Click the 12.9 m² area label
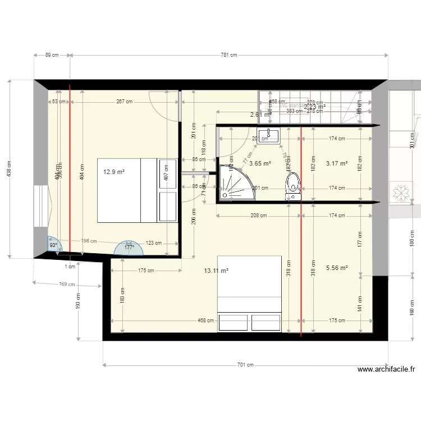pyautogui.click(x=113, y=173)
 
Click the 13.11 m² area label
pyautogui.click(x=216, y=270)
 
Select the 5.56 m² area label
pyautogui.click(x=337, y=268)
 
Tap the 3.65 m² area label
pyautogui.click(x=260, y=164)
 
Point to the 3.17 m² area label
pyautogui.click(x=337, y=164)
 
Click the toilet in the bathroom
pyautogui.click(x=293, y=185)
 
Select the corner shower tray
pyautogui.click(x=236, y=182)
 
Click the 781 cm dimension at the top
pyautogui.click(x=229, y=55)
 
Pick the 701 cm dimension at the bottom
pyautogui.click(x=245, y=365)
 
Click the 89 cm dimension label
pyautogui.click(x=52, y=55)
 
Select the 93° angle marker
pyautogui.click(x=54, y=245)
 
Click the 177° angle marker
pyautogui.click(x=129, y=247)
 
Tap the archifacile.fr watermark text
pyautogui.click(x=386, y=369)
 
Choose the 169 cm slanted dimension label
pyautogui.click(x=67, y=285)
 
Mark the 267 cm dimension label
pyautogui.click(x=125, y=102)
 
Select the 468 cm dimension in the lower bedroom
pyautogui.click(x=205, y=321)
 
